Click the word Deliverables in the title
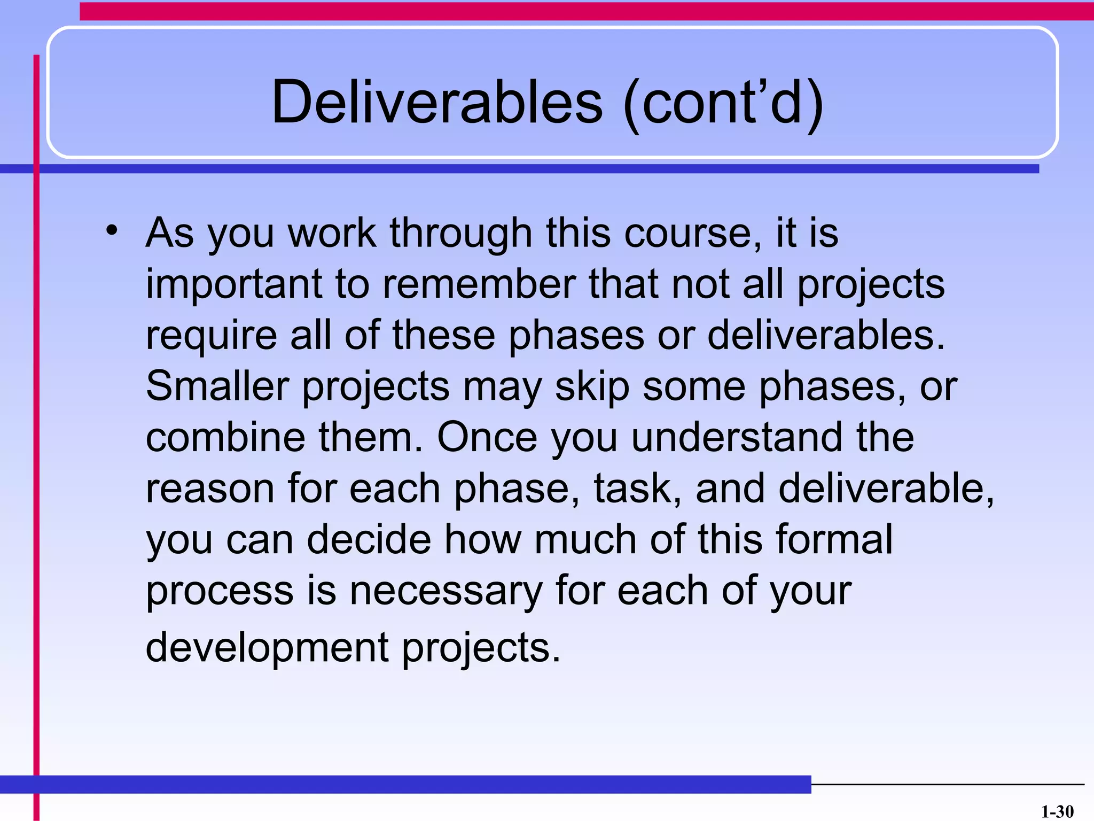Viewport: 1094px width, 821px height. (437, 102)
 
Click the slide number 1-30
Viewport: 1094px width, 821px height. (1057, 811)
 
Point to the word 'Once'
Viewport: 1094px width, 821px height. (487, 437)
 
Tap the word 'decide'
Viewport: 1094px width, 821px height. (369, 539)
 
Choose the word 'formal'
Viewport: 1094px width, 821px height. (834, 539)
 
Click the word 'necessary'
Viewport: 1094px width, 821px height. (446, 591)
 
